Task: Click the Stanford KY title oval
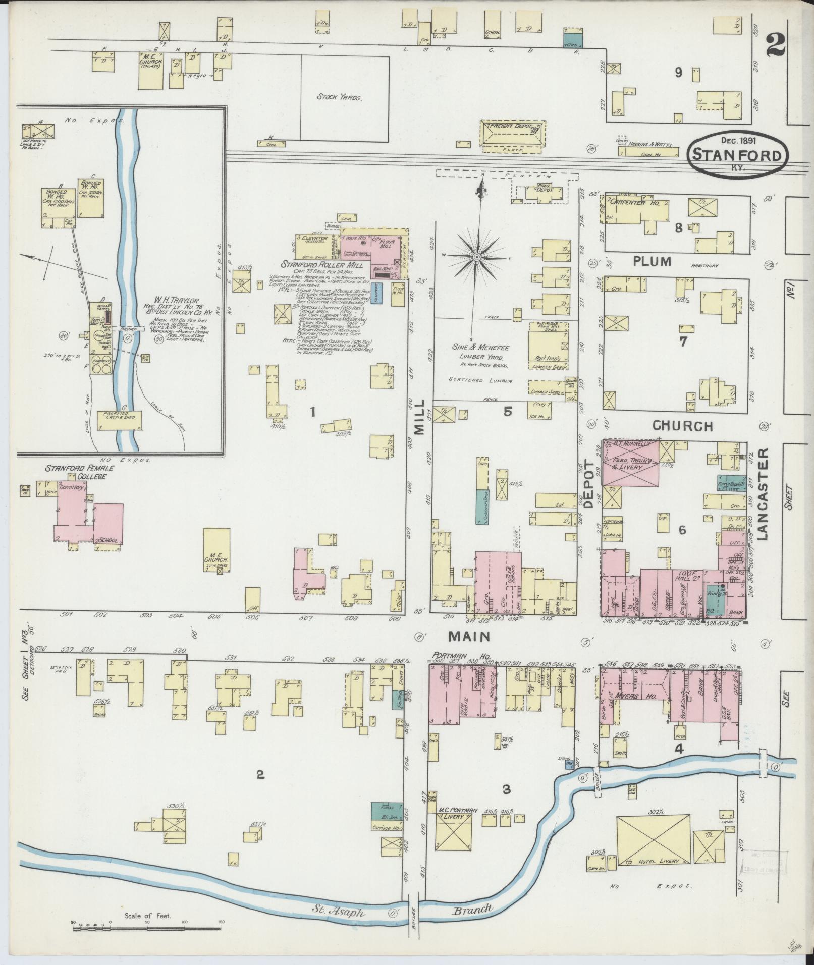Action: coord(738,154)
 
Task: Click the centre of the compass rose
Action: coord(476,257)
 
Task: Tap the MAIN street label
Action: coord(469,637)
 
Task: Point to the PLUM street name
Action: coord(653,261)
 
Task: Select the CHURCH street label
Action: coord(682,426)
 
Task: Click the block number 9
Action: coord(679,73)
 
